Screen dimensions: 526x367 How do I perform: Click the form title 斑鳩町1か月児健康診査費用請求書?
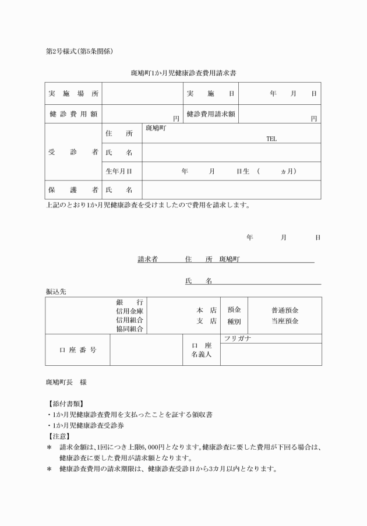click(x=183, y=73)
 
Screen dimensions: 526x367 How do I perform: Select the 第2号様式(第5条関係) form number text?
click(x=79, y=51)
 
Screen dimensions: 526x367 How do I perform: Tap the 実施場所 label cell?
click(x=73, y=94)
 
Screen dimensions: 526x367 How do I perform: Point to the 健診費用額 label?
click(x=73, y=114)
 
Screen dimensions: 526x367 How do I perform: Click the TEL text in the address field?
click(x=271, y=139)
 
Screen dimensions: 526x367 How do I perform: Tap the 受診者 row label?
click(x=73, y=153)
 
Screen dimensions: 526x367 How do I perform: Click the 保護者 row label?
click(x=73, y=190)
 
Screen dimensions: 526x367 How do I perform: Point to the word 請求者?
click(x=147, y=260)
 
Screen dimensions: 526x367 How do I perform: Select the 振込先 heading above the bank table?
click(x=56, y=292)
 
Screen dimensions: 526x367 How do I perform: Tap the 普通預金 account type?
click(x=285, y=310)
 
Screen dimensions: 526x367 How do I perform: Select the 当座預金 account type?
click(x=285, y=321)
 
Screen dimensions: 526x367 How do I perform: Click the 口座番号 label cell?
click(x=77, y=350)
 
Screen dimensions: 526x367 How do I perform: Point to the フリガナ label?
click(x=238, y=338)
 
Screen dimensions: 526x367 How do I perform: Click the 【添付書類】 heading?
click(x=65, y=404)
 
